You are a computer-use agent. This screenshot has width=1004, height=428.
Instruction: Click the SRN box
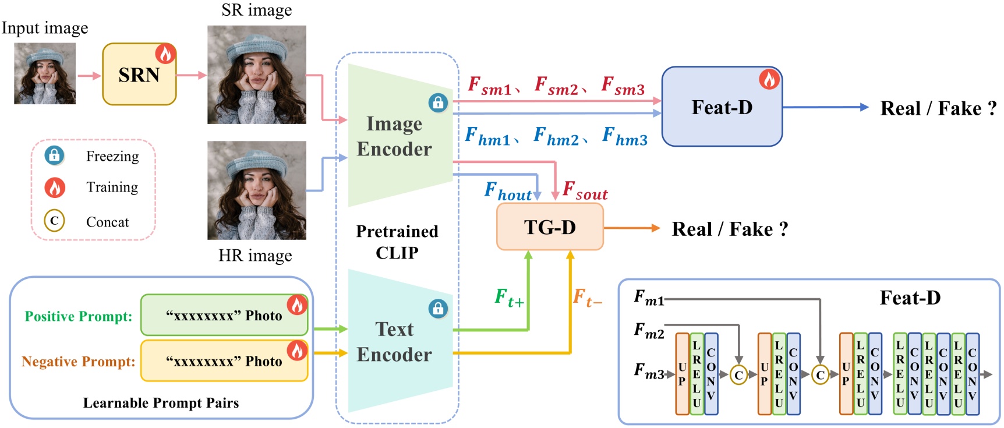click(x=139, y=75)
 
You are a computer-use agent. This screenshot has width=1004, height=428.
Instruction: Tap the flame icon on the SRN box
click(x=165, y=54)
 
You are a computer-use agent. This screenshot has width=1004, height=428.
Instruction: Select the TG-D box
click(x=549, y=227)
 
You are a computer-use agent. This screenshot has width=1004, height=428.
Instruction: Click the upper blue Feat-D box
click(x=722, y=107)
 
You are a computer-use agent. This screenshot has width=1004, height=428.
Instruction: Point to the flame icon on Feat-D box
click(x=769, y=79)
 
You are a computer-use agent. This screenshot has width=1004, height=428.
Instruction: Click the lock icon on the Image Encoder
click(x=438, y=103)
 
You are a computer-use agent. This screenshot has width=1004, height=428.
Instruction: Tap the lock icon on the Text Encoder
click(x=438, y=308)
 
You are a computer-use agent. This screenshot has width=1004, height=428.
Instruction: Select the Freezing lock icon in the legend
click(x=55, y=155)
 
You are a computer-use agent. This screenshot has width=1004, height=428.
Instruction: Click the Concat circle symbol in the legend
click(x=54, y=221)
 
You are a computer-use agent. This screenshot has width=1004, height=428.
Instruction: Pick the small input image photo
click(x=45, y=73)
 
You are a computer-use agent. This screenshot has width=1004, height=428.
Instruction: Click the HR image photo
click(x=257, y=190)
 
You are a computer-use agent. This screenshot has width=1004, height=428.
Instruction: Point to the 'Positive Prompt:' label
click(x=78, y=316)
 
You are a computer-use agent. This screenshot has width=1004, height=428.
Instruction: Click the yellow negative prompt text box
click(x=224, y=361)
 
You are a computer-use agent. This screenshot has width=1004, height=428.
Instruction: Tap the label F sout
click(x=585, y=191)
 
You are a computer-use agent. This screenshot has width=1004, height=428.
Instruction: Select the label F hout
click(x=508, y=191)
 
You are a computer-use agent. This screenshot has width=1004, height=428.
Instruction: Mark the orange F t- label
click(x=587, y=298)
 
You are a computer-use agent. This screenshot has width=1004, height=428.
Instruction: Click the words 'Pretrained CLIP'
click(x=397, y=242)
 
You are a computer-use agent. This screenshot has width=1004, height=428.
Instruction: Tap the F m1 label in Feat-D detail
click(x=649, y=298)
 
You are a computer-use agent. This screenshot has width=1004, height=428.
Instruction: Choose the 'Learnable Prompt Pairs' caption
click(x=161, y=403)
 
